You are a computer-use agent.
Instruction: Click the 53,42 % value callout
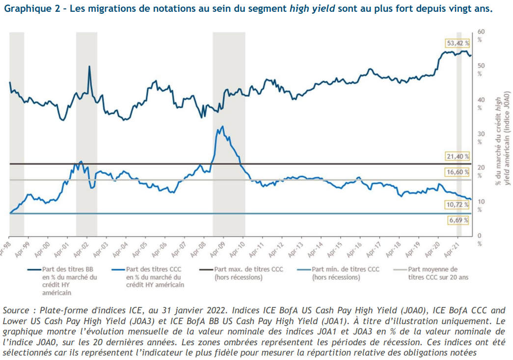[x=457, y=43]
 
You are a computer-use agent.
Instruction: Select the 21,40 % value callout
[x=457, y=156]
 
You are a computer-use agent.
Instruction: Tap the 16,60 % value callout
[x=457, y=172]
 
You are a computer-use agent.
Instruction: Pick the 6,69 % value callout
[x=459, y=221]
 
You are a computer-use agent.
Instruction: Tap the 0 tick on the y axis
[x=481, y=235]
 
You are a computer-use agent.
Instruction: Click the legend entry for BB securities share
[x=61, y=280]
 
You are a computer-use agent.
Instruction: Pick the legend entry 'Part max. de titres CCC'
[x=244, y=273]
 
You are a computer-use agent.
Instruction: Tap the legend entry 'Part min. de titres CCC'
[x=342, y=273]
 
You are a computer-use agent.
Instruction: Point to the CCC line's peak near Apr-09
[x=223, y=126]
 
